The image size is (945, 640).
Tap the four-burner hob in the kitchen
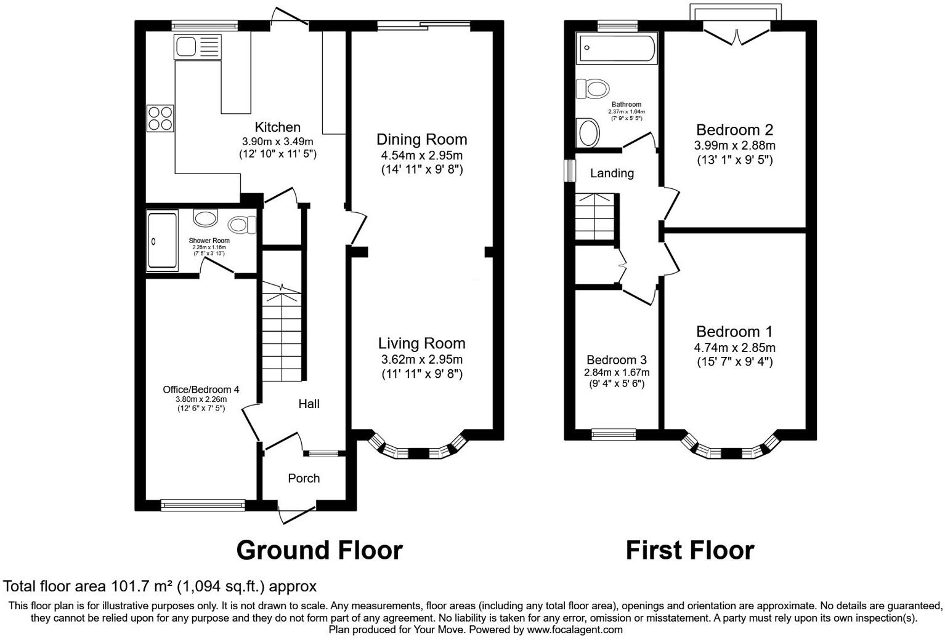(x=160, y=118)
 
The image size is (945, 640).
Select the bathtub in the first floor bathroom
(x=617, y=49)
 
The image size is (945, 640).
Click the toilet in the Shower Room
(x=243, y=225)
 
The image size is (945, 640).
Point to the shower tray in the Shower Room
(x=162, y=241)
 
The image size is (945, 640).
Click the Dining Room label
(x=421, y=139)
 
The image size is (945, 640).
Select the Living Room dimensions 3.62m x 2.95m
(x=421, y=359)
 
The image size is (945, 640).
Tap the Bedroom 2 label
(x=734, y=130)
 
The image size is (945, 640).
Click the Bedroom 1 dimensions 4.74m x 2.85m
(x=734, y=348)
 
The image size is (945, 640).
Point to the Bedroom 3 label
(x=616, y=360)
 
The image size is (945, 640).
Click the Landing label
(x=612, y=174)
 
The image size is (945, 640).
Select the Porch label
(x=304, y=478)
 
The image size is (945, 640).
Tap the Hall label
(x=309, y=404)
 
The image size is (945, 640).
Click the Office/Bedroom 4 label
(x=201, y=390)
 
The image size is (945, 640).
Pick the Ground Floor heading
(x=319, y=550)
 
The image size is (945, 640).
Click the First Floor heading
(x=689, y=550)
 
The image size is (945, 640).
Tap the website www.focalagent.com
(x=575, y=630)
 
